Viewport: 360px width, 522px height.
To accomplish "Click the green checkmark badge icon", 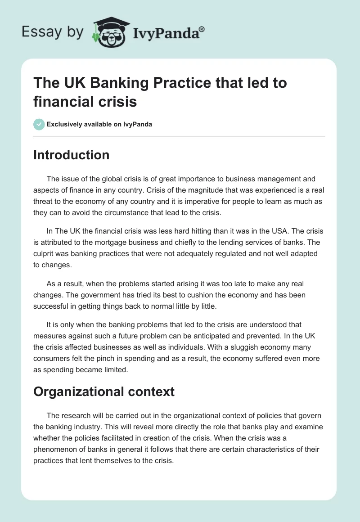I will pyautogui.click(x=39, y=124).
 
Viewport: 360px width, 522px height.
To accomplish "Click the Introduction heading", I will pyautogui.click(x=71, y=155).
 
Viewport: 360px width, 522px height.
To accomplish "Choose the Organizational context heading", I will pyautogui.click(x=103, y=391).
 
